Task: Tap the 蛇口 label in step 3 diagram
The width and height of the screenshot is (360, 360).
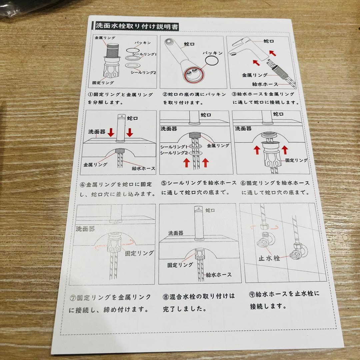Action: coord(269,41)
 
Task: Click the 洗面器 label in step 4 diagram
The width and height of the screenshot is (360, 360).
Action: coord(97,132)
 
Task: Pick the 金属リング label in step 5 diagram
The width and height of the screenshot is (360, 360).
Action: coord(218,146)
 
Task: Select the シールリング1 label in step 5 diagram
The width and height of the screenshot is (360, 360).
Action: coord(173,147)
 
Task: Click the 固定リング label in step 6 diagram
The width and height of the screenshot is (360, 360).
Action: coord(296,160)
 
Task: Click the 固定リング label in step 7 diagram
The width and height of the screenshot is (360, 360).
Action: coord(139,253)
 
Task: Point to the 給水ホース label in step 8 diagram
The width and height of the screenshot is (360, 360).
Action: coord(219,275)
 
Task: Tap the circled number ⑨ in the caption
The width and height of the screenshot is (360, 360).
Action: coord(253,294)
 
